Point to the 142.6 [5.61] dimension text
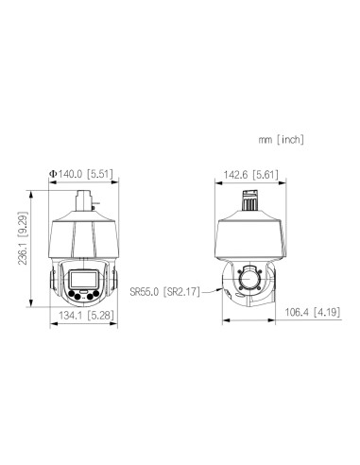tap(250, 175)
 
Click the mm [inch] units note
tap(282, 139)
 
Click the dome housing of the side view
tap(250, 234)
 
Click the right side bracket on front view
tap(114, 283)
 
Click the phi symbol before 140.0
tap(53, 175)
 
